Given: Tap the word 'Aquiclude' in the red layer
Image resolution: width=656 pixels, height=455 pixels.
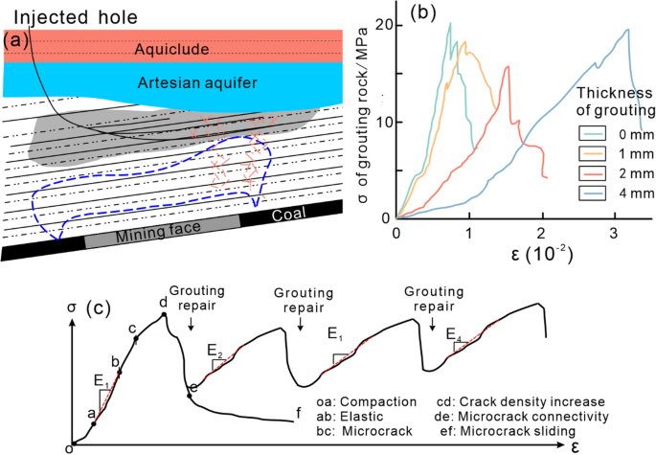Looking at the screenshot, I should coord(170,49).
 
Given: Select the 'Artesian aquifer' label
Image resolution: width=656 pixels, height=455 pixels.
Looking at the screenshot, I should coord(170,83).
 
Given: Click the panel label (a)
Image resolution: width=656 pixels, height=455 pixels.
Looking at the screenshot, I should coord(16,40).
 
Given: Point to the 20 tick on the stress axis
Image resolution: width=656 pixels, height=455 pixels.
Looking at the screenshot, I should coord(382,24).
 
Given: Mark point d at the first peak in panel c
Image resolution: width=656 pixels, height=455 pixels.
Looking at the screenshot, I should coord(164,314).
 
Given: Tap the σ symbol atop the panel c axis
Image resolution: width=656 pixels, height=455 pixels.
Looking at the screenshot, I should coord(73,309).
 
